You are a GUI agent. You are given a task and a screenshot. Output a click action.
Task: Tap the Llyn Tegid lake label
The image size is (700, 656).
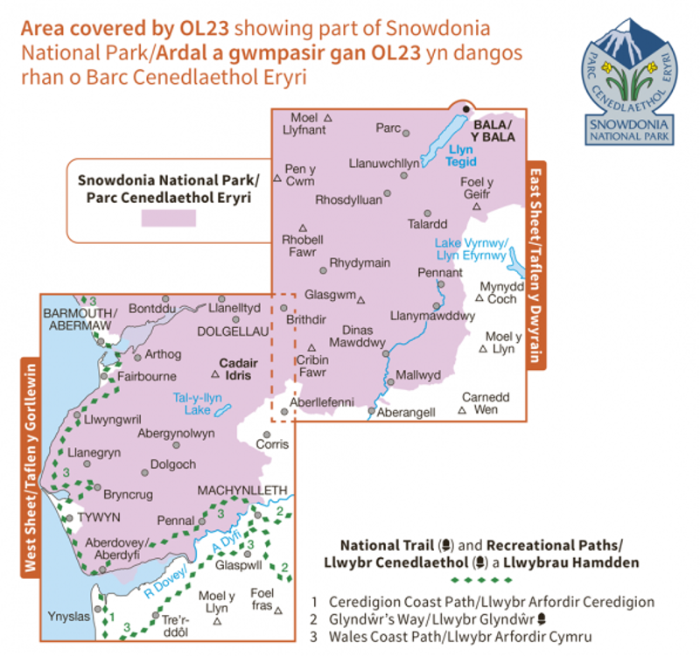click(460, 156)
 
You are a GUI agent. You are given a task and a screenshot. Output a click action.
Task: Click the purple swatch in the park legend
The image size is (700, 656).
click(169, 219)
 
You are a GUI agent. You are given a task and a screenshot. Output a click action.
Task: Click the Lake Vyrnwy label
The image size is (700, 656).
click(471, 249)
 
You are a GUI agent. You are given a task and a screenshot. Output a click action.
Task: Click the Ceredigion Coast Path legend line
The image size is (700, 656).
click(491, 602)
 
